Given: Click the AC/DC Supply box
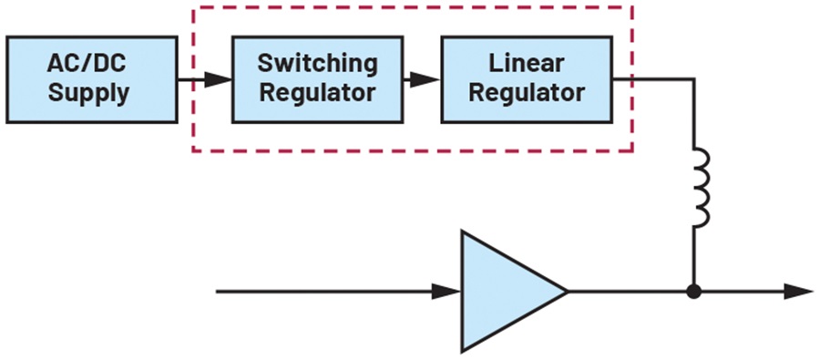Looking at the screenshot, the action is click(91, 79).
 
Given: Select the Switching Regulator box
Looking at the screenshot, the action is click(317, 79).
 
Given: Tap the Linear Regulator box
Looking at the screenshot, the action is click(527, 79).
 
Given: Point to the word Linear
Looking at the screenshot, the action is click(527, 64).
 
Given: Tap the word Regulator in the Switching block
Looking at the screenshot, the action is click(317, 93).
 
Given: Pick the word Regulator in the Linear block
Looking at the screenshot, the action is click(527, 93).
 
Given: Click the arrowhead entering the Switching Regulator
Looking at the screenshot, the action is click(218, 80).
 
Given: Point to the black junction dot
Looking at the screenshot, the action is click(694, 292).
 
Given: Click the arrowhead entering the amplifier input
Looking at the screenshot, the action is click(446, 292).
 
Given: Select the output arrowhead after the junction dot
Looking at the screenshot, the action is click(798, 292).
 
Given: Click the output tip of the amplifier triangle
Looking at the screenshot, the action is click(568, 292).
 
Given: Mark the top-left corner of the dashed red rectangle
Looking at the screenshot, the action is click(193, 7).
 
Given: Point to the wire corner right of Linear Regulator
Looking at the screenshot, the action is click(694, 79).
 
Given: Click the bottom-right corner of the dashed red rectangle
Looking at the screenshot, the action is click(633, 151).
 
